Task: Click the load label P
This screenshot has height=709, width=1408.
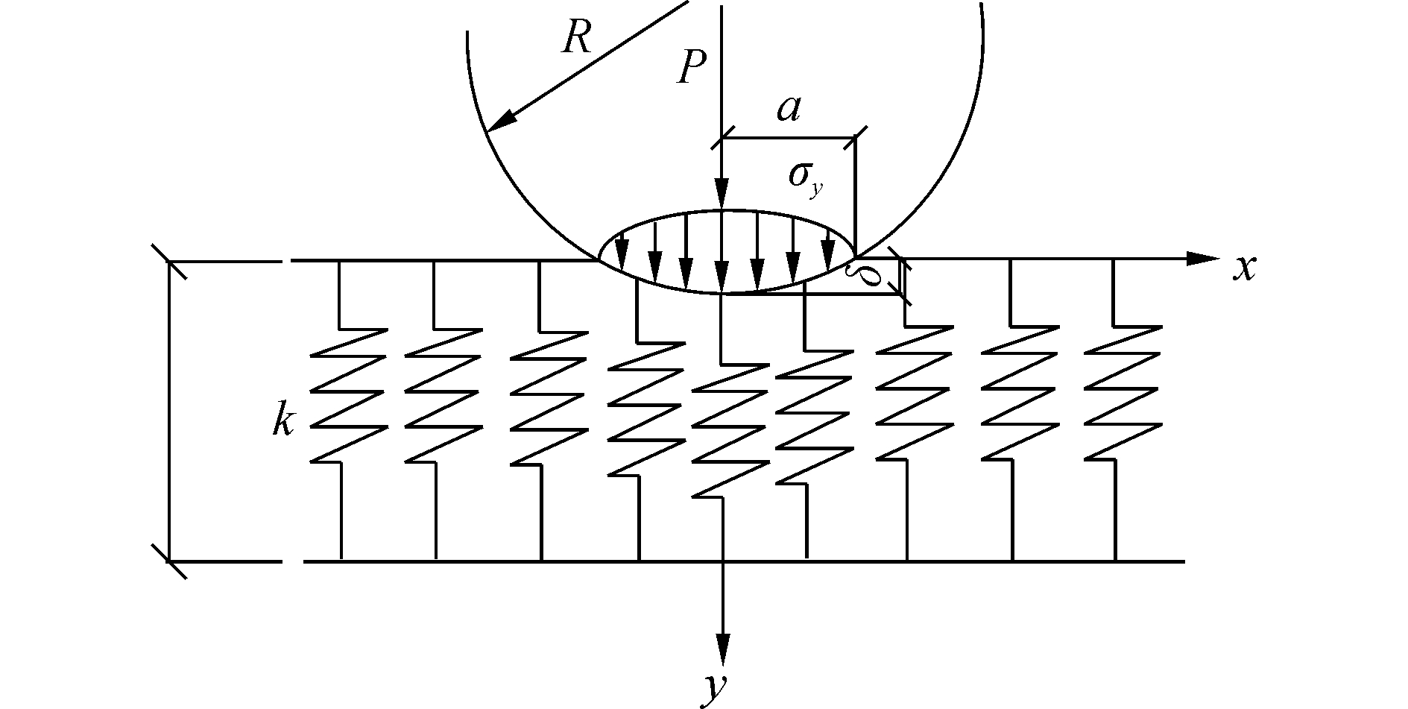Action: [691, 69]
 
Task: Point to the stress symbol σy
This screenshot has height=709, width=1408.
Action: [806, 178]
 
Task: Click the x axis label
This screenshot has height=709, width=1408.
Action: [1243, 268]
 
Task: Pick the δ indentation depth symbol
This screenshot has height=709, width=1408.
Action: [869, 277]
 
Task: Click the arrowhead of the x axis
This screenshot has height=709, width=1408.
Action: [1201, 259]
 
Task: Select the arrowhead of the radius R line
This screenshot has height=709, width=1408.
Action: [502, 121]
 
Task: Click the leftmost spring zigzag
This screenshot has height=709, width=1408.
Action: [347, 395]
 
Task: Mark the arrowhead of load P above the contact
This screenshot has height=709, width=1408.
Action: [722, 195]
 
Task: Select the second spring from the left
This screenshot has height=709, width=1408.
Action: [441, 395]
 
